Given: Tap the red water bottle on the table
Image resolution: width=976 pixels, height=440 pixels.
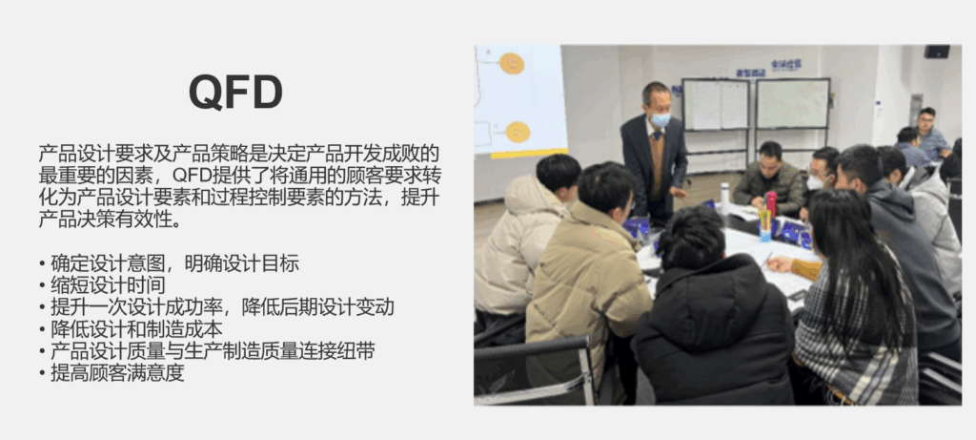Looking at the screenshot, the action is pyautogui.click(x=771, y=204).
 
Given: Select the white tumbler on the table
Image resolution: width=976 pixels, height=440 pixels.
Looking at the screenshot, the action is pyautogui.click(x=724, y=199).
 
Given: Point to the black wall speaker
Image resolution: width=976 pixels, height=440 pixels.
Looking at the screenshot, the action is pyautogui.click(x=936, y=52).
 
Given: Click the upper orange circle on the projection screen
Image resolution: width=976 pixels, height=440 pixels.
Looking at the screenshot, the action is pyautogui.click(x=512, y=63).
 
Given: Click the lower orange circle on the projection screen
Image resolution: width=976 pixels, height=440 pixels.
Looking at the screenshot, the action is pyautogui.click(x=518, y=132).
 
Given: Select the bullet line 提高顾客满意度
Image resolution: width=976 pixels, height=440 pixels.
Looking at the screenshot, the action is pyautogui.click(x=112, y=373).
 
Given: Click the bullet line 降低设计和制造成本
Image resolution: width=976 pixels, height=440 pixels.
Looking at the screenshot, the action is pyautogui.click(x=131, y=329).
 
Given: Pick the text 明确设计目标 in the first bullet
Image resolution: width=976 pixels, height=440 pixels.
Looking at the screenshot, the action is pyautogui.click(x=242, y=263).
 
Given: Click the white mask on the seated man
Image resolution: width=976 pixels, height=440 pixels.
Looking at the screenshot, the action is pyautogui.click(x=815, y=182).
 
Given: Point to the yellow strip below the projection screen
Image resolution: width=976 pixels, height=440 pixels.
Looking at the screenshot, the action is pyautogui.click(x=529, y=153).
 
